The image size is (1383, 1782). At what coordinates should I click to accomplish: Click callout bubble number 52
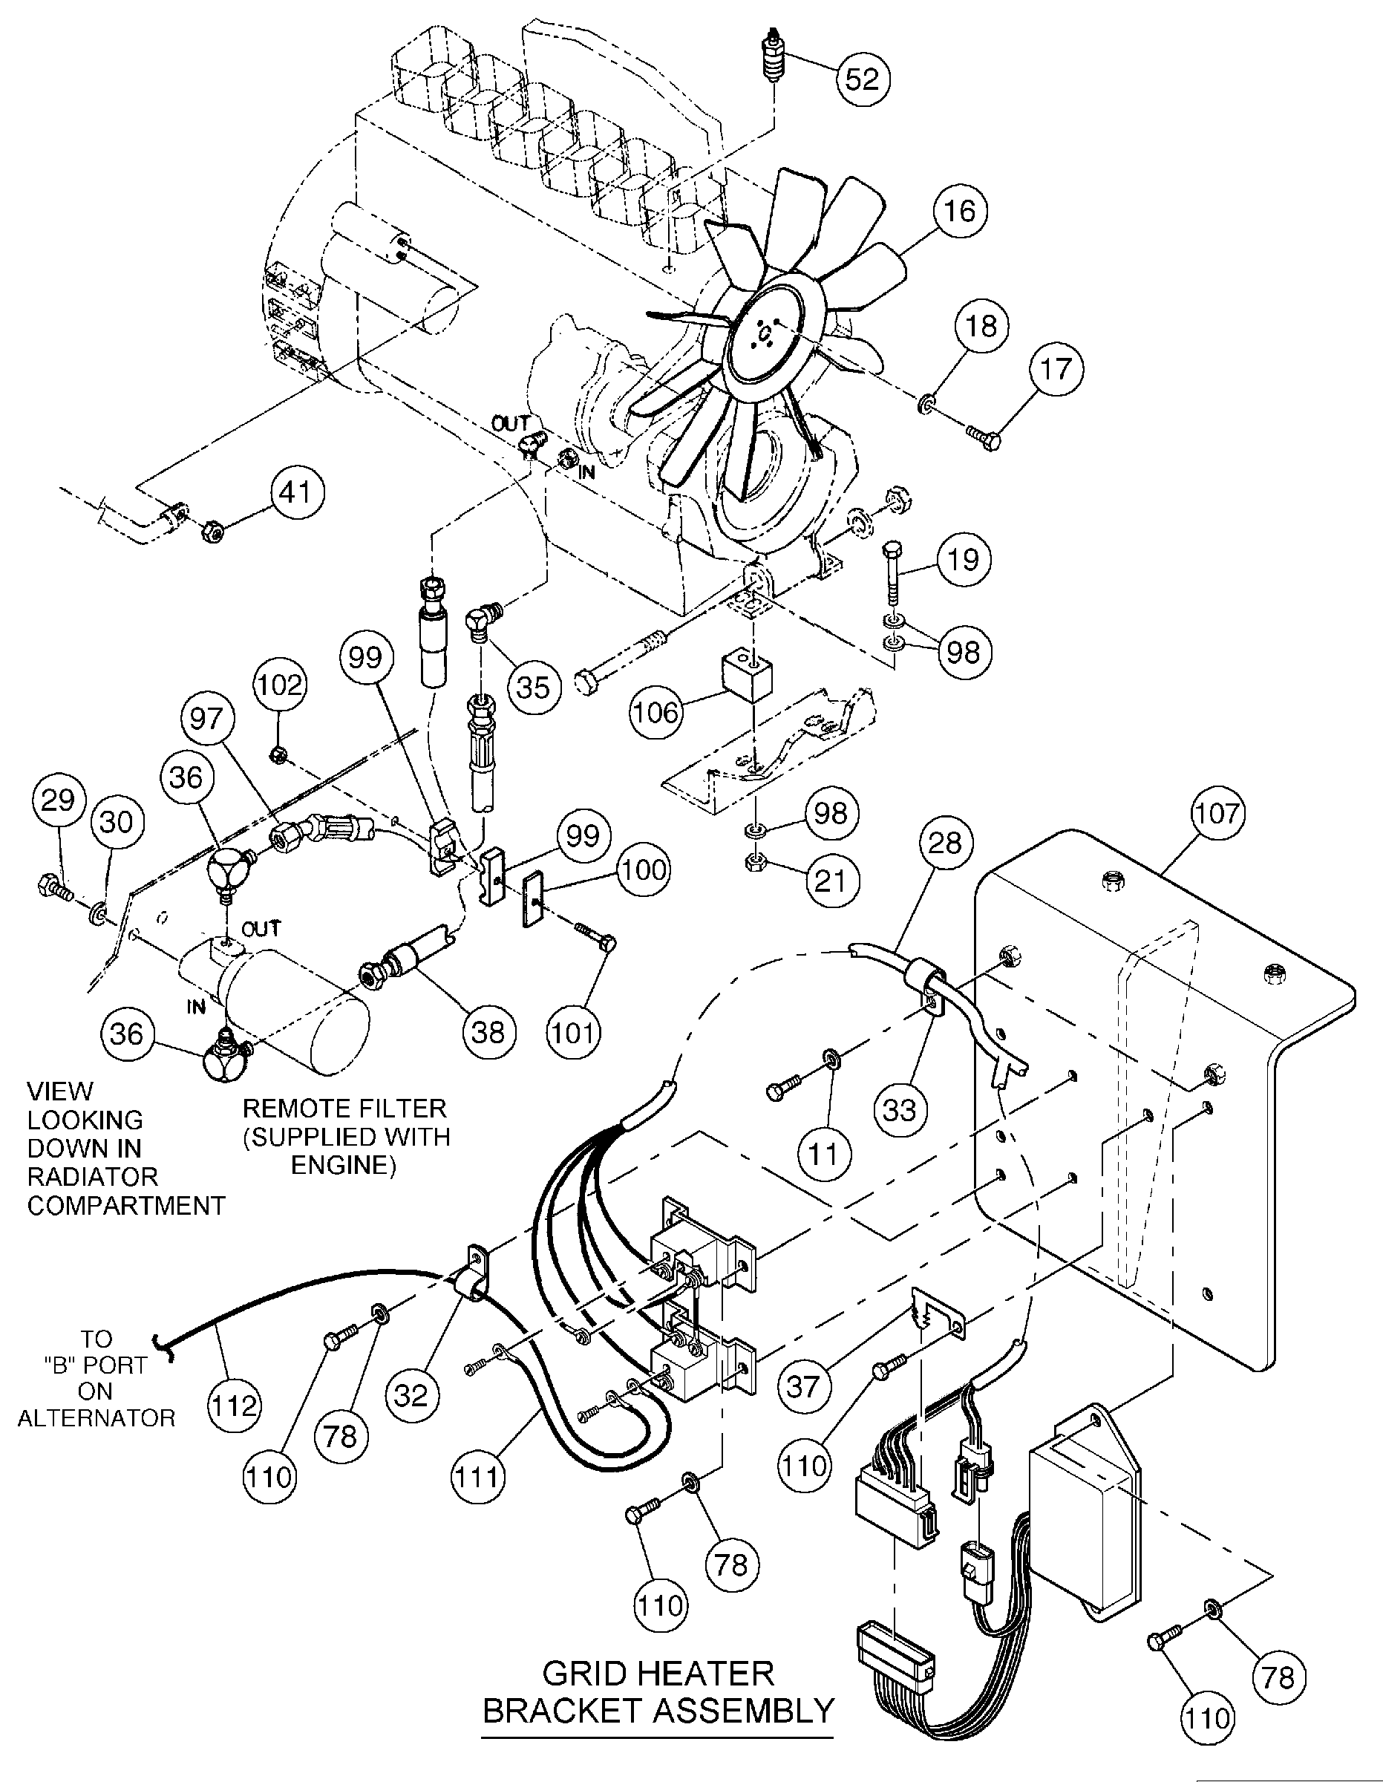(x=863, y=79)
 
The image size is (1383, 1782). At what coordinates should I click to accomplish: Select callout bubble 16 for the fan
(x=960, y=211)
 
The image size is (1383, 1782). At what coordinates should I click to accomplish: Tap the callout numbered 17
(x=1056, y=369)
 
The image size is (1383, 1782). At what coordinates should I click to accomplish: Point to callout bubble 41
(x=295, y=492)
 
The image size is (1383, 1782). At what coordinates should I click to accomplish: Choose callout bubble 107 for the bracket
(x=1217, y=814)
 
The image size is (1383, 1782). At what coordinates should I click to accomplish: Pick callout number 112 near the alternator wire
(x=234, y=1406)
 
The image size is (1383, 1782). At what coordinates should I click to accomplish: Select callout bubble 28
(x=945, y=842)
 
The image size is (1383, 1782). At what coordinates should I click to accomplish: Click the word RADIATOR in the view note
(x=92, y=1177)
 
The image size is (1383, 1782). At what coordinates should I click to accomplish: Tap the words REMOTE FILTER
(x=344, y=1108)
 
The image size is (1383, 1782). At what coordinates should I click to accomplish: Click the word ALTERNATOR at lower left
(x=97, y=1418)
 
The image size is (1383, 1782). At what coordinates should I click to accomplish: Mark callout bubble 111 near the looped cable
(x=477, y=1476)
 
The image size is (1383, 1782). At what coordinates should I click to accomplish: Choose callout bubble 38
(x=488, y=1032)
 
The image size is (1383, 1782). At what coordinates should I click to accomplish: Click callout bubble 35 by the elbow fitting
(x=533, y=687)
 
